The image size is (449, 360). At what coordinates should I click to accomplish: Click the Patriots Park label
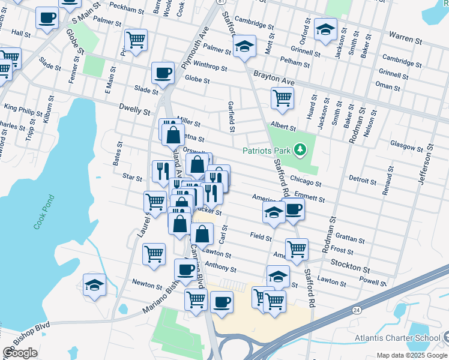point(267,150)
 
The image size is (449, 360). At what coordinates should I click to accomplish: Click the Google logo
point(20,353)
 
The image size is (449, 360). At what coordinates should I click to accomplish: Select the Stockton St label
point(349,264)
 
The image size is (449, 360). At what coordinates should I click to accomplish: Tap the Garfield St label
point(231,115)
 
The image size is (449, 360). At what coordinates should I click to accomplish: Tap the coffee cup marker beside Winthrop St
point(163,73)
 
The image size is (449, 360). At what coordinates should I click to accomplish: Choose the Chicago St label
point(306,178)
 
